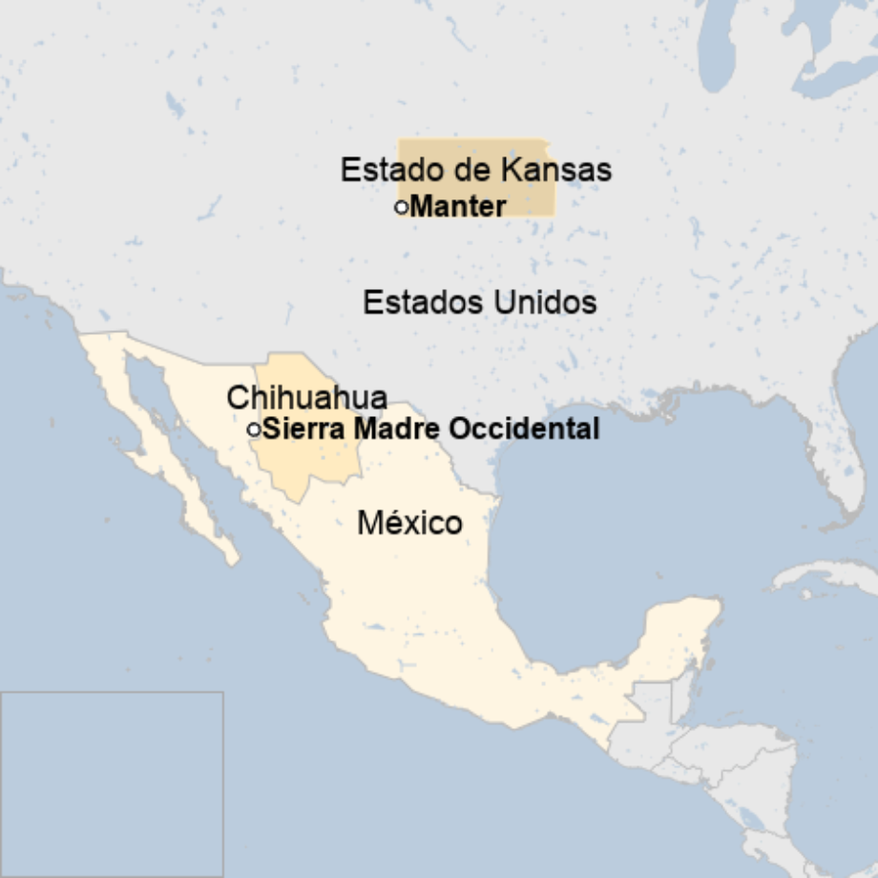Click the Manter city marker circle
401,206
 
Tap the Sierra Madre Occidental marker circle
254,429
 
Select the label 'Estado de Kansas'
475,171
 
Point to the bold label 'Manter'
458,206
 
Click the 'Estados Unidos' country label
480,303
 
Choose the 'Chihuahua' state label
306,398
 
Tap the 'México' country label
409,523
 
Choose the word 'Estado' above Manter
383,171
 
